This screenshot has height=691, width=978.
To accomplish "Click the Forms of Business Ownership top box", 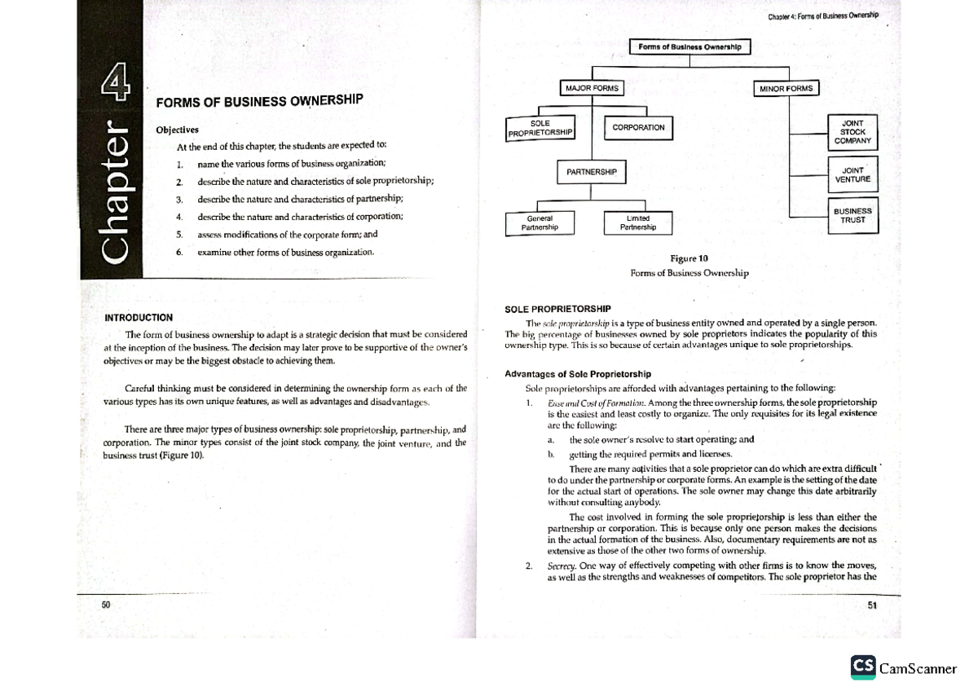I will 689,47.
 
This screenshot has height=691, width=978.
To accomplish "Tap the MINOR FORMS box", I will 786,88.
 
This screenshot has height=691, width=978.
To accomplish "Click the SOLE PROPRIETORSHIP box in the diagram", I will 540,129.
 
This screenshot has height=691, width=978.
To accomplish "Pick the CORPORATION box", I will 638,128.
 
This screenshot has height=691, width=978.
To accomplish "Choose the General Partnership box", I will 540,222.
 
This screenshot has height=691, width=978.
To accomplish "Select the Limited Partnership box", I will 638,222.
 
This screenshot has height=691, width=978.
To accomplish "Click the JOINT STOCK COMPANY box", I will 852,132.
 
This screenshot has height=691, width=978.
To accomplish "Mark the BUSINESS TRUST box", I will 852,215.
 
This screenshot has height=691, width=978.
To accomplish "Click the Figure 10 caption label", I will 689,258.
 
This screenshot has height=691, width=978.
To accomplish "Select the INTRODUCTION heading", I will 138,317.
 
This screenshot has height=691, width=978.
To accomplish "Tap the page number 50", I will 106,605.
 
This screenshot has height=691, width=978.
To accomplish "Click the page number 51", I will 872,605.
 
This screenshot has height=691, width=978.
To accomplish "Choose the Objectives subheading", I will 176,130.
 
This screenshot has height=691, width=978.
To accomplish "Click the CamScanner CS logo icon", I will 862,667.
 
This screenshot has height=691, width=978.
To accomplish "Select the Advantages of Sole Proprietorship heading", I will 578,374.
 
